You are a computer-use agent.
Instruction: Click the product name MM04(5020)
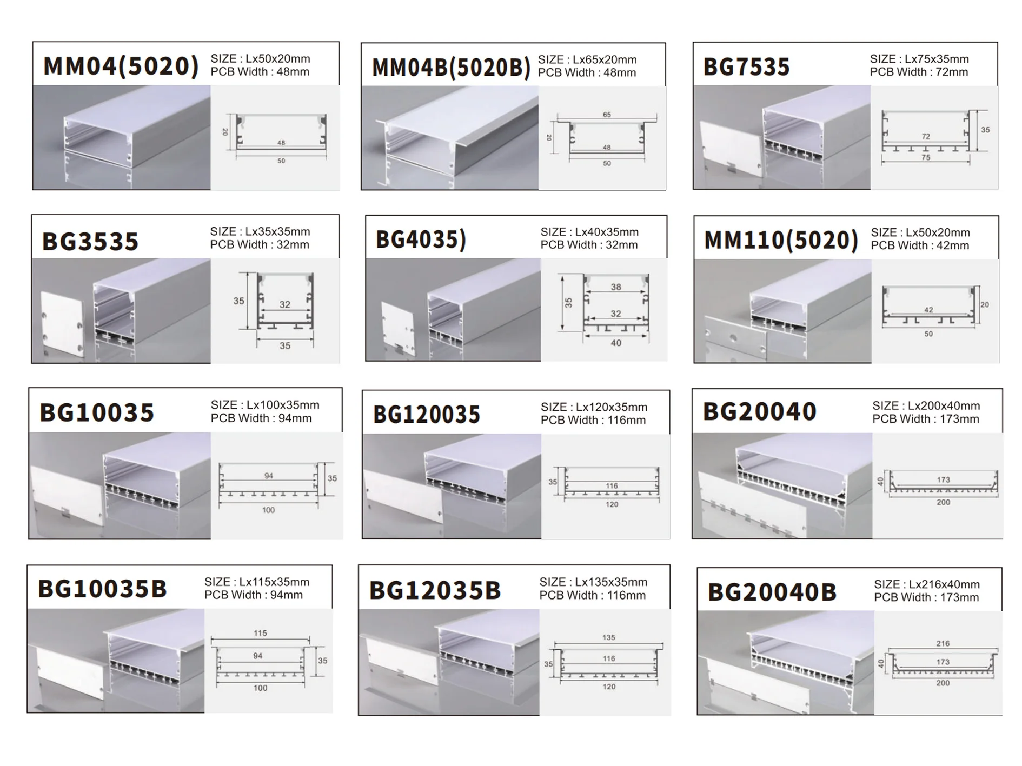click(121, 66)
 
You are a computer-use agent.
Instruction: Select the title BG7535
click(746, 67)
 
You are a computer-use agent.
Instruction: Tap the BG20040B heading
click(772, 592)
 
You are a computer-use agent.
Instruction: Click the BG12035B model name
click(435, 590)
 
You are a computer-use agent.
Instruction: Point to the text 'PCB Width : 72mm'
click(919, 72)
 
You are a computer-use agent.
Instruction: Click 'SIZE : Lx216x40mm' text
click(927, 584)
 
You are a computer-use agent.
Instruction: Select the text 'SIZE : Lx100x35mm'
click(265, 405)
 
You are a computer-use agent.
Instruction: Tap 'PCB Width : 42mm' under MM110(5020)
click(920, 245)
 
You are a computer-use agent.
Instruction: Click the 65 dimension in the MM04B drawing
click(607, 115)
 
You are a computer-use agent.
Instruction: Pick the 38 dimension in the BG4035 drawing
click(616, 287)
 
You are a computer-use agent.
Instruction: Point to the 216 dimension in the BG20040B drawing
click(943, 643)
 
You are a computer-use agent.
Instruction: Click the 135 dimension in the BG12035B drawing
click(609, 637)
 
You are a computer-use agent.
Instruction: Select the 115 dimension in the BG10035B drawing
click(260, 633)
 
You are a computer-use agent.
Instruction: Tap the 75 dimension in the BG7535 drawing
click(926, 157)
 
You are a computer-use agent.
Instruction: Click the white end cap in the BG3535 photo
click(63, 324)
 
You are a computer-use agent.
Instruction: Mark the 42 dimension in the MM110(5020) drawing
click(928, 310)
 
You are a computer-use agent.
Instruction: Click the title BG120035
click(427, 415)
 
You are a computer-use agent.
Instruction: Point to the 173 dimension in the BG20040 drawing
click(943, 479)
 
